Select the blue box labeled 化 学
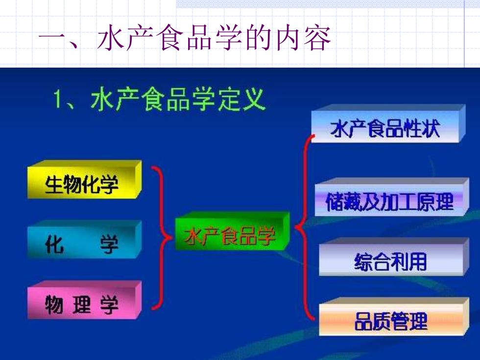[84, 240]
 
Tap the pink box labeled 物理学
[84, 300]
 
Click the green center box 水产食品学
[232, 231]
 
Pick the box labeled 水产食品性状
[388, 123]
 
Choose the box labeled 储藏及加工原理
[392, 197]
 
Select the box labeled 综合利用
[394, 257]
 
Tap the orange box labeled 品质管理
[394, 316]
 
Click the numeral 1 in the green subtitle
[58, 98]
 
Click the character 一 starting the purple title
[51, 39]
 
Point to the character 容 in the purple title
[317, 38]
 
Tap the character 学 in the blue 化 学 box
[109, 244]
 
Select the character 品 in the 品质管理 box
[363, 321]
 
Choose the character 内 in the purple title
[288, 38]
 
